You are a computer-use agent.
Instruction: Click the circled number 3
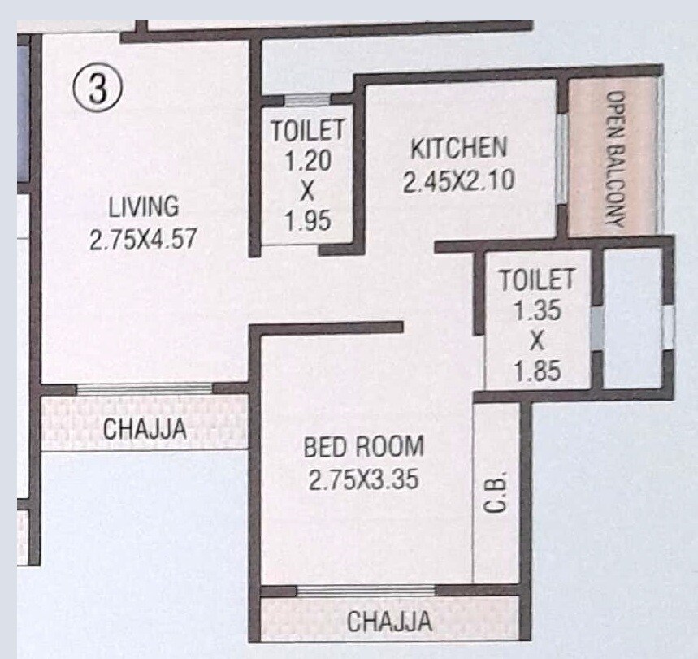point(98,87)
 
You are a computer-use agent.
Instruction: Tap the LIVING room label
point(144,206)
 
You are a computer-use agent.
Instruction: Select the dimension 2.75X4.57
point(144,240)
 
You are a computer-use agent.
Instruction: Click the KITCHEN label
point(458,149)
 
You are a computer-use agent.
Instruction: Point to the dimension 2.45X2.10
point(458,180)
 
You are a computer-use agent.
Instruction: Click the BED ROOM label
point(363,447)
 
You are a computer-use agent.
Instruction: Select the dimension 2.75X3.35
point(363,480)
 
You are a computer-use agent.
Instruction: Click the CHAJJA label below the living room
point(145,429)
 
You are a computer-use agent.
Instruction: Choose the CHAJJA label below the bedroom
point(389,622)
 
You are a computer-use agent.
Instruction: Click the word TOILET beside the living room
point(307,130)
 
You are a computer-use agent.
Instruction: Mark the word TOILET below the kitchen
point(536,280)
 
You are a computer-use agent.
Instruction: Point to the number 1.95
point(307,221)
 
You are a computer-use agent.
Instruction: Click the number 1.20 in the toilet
point(307,160)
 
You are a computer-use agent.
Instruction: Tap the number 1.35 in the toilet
point(536,310)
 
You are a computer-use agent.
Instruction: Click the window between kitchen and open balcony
point(561,158)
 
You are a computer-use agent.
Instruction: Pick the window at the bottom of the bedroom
point(365,591)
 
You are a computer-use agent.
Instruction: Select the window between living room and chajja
point(143,388)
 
